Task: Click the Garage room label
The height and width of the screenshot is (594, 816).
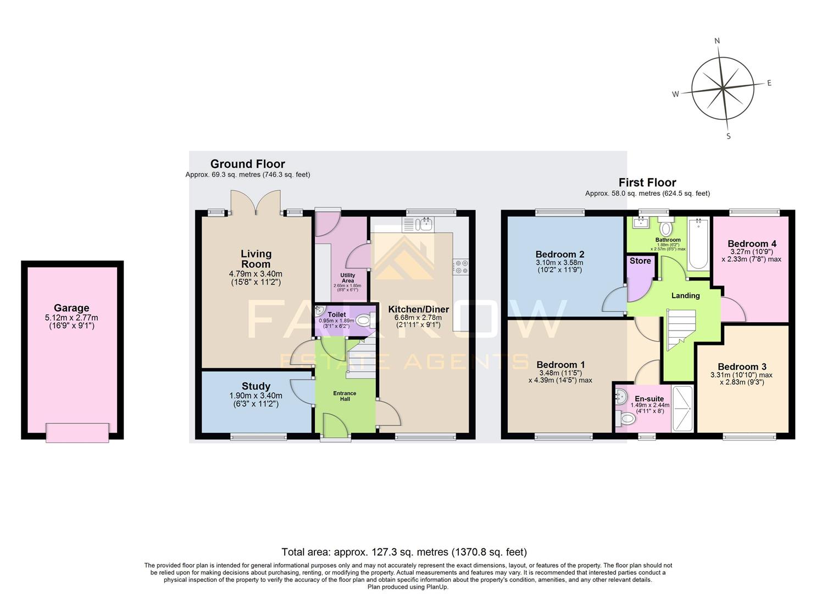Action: (71, 308)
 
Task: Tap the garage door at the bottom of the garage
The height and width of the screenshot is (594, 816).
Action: (77, 432)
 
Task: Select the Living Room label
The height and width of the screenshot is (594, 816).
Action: (256, 258)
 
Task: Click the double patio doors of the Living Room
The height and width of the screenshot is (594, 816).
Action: (256, 204)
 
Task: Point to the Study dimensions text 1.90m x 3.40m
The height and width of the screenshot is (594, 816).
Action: (256, 395)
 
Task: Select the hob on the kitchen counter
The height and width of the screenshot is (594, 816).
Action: (460, 267)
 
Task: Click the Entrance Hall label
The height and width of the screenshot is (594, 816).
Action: (345, 396)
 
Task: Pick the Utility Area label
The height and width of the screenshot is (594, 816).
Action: (348, 278)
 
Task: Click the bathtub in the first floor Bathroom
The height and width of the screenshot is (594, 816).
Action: (698, 243)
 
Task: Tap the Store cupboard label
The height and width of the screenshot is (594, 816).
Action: (640, 261)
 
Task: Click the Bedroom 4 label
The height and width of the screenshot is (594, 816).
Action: (752, 244)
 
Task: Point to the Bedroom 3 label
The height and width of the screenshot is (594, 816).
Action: (742, 367)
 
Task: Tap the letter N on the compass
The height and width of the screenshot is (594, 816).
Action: (717, 41)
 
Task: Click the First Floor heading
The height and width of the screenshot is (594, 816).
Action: (647, 183)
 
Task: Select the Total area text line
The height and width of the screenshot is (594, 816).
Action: (404, 552)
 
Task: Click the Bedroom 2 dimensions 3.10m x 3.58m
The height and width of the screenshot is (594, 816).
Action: (560, 263)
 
